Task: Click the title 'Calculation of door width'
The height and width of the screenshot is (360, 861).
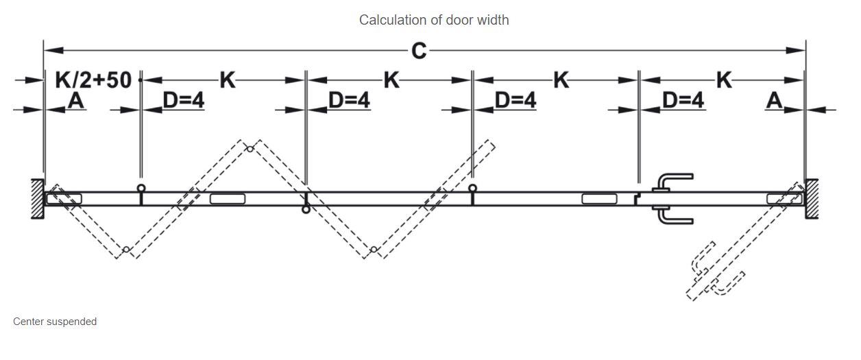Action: coord(434,20)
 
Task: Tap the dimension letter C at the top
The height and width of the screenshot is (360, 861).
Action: coord(419,51)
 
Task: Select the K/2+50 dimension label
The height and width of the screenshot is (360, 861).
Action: coord(93,80)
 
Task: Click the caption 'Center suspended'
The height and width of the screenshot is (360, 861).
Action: coord(55,322)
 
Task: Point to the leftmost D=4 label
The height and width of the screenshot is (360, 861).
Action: coord(183,101)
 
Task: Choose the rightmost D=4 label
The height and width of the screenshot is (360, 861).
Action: coord(683,101)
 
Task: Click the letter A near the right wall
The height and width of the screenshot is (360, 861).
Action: coord(775,101)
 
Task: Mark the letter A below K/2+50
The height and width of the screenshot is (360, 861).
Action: coord(76,101)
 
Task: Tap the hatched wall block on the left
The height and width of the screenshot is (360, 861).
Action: coord(37,199)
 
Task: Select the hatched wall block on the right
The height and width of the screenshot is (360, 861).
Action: coord(812,199)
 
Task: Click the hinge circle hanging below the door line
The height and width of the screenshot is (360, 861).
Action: coord(306,209)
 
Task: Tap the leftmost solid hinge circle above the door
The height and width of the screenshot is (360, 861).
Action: coord(141,188)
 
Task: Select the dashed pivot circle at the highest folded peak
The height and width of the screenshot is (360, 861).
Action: coord(250,149)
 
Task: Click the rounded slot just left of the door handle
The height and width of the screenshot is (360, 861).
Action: coord(599,199)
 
